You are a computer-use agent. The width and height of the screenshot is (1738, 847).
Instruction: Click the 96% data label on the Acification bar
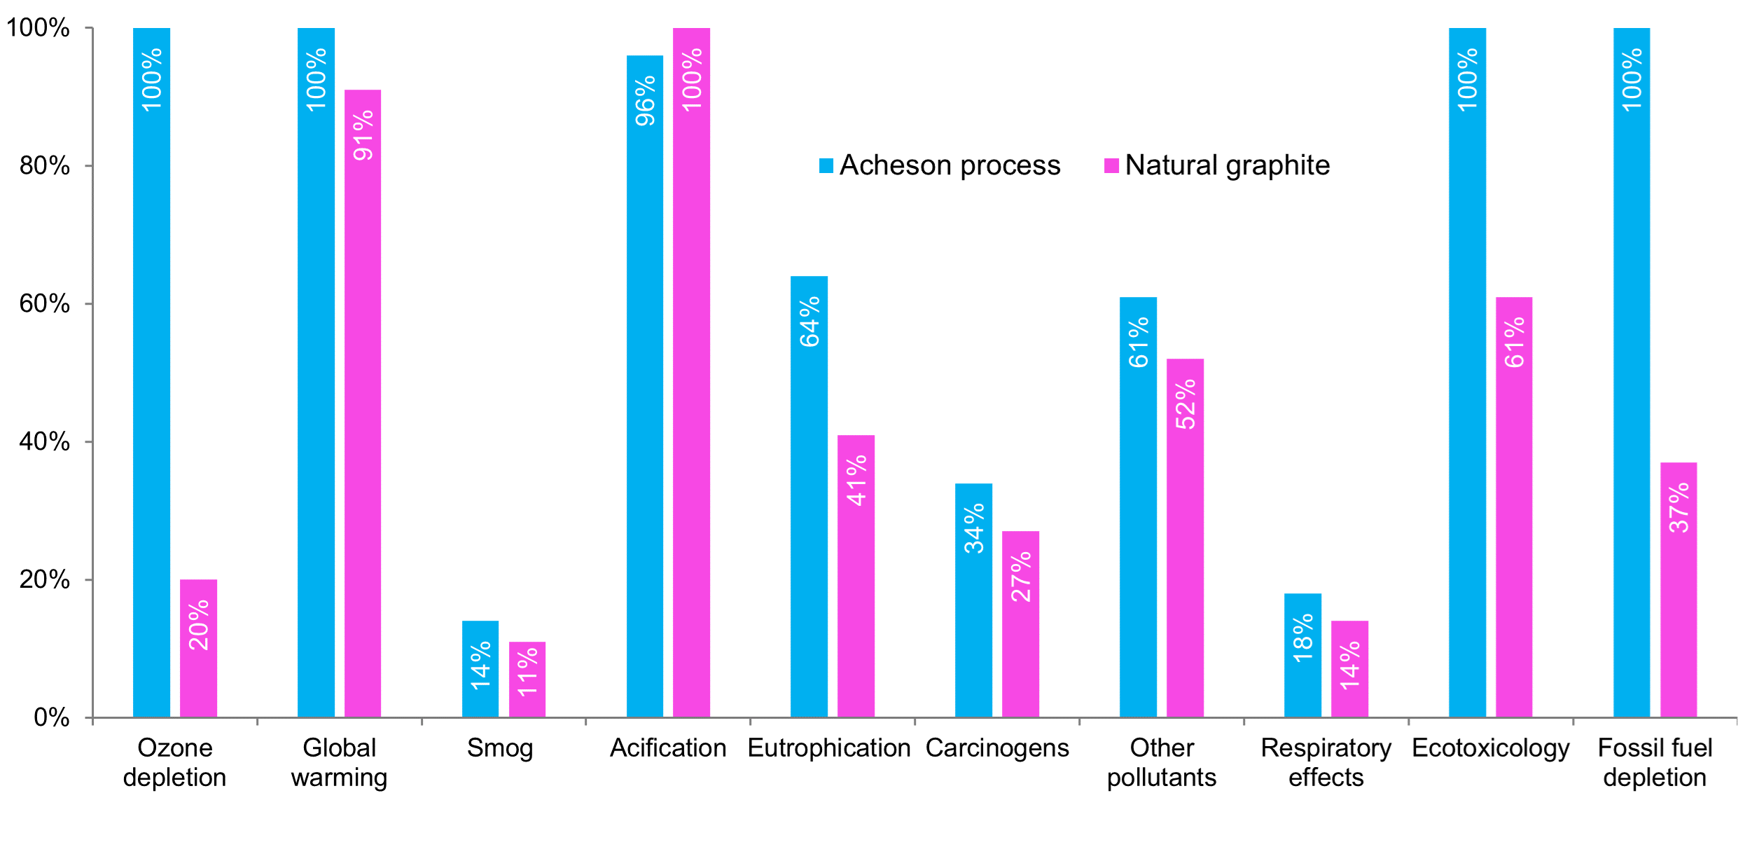tap(645, 101)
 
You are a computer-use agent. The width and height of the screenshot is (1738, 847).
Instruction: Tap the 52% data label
tap(1186, 404)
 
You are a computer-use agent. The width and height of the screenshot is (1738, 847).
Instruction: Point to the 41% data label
tap(856, 481)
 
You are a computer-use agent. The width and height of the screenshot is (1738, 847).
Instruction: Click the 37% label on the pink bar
tap(1678, 508)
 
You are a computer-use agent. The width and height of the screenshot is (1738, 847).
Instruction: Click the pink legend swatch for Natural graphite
tap(1111, 165)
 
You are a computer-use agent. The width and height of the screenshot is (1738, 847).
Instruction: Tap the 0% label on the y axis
tap(52, 717)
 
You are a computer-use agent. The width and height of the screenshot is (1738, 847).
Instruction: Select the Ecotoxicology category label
tap(1491, 748)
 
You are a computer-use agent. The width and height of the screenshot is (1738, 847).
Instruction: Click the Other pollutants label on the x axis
tap(1162, 762)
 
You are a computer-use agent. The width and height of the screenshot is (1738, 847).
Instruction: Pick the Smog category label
tap(500, 748)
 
